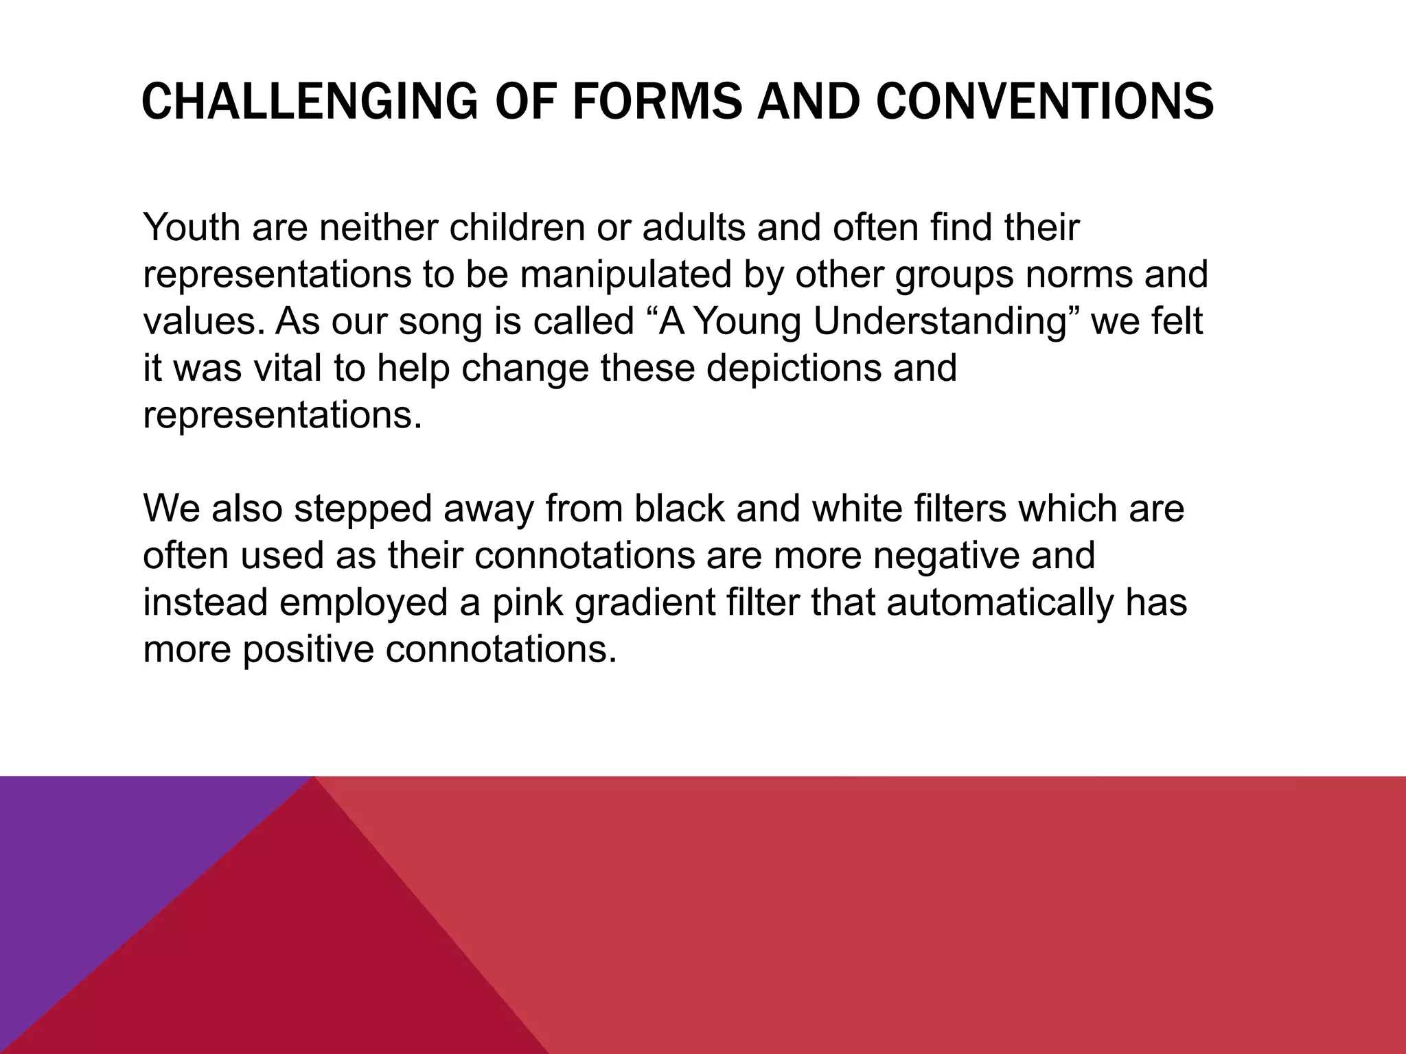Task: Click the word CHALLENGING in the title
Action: (x=309, y=102)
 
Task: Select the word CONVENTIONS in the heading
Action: (x=1045, y=102)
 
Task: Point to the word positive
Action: (x=308, y=649)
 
